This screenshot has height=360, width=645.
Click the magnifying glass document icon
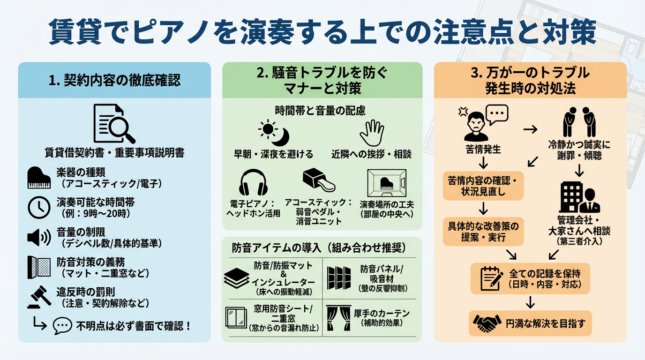pos(114,123)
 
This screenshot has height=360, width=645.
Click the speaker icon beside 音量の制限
pos(39,238)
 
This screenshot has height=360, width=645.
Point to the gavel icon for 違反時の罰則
pos(39,297)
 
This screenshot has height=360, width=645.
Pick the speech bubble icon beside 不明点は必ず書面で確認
pos(63,326)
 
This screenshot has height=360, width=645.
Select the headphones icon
pos(253,183)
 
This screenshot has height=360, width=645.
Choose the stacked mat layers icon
pos(237,278)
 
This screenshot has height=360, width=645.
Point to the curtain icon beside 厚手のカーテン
pos(338,319)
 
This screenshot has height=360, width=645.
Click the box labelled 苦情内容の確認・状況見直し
pos(483,186)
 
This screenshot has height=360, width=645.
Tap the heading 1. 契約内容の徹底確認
pos(114,80)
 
